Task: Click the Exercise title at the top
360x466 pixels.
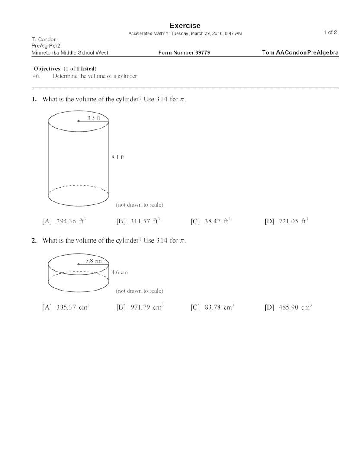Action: (185, 26)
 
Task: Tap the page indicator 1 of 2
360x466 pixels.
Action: (331, 32)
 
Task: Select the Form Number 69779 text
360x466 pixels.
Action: (184, 53)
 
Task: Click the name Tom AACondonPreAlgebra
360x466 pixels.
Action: (300, 53)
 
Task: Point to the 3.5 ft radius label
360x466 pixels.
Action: (94, 117)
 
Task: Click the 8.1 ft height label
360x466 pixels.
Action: (118, 158)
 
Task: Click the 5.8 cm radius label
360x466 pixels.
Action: (93, 261)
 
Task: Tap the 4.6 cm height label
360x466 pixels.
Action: (119, 272)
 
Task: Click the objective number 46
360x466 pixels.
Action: (36, 76)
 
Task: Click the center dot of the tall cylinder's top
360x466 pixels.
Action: (78, 121)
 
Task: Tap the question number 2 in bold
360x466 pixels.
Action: (34, 240)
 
